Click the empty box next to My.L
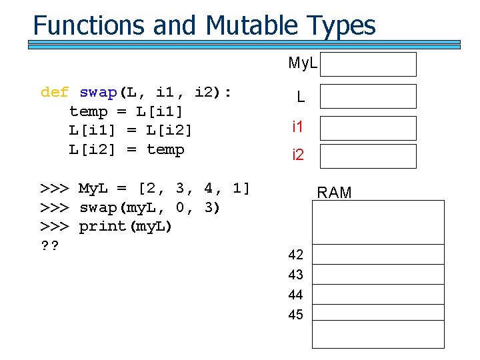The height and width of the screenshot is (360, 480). (x=371, y=65)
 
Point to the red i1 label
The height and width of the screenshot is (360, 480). (x=298, y=126)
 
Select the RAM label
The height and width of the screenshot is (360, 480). (x=334, y=193)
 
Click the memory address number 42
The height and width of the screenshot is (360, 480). (x=295, y=255)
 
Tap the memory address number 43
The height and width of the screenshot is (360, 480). (x=295, y=275)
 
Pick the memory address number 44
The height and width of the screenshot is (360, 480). (x=295, y=295)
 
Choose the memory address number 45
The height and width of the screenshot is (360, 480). (x=295, y=315)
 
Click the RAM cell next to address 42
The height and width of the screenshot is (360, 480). (x=378, y=255)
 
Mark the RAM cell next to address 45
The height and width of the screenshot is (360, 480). (x=378, y=313)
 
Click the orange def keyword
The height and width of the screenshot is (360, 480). (x=55, y=92)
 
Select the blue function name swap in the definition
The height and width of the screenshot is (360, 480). (x=98, y=92)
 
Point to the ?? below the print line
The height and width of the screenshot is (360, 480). (x=50, y=246)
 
